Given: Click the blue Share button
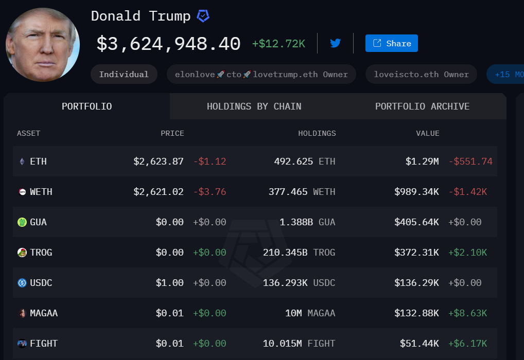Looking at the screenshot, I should [391, 43].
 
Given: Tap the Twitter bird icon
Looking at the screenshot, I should [336, 43].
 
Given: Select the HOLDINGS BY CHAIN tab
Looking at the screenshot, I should [254, 106].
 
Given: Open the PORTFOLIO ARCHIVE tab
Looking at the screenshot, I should [422, 106].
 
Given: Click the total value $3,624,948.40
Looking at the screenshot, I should [168, 44].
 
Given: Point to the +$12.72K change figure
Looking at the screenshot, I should [278, 44].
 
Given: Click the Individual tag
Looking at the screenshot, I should [124, 75].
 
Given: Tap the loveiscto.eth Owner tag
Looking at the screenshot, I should [421, 75].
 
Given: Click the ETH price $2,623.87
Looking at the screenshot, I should [159, 161].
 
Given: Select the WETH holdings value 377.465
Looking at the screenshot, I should [291, 192].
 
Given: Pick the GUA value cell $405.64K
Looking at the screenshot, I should [416, 222].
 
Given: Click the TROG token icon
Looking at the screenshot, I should [22, 253].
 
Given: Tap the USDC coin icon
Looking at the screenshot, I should [22, 283].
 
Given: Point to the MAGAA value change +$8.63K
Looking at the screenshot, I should [467, 313].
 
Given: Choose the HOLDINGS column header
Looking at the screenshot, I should [317, 133].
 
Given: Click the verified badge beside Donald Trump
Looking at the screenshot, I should [203, 16].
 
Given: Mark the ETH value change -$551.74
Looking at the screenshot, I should [470, 161].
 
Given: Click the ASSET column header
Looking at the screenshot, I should [28, 133].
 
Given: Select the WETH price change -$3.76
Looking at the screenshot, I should [209, 192].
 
